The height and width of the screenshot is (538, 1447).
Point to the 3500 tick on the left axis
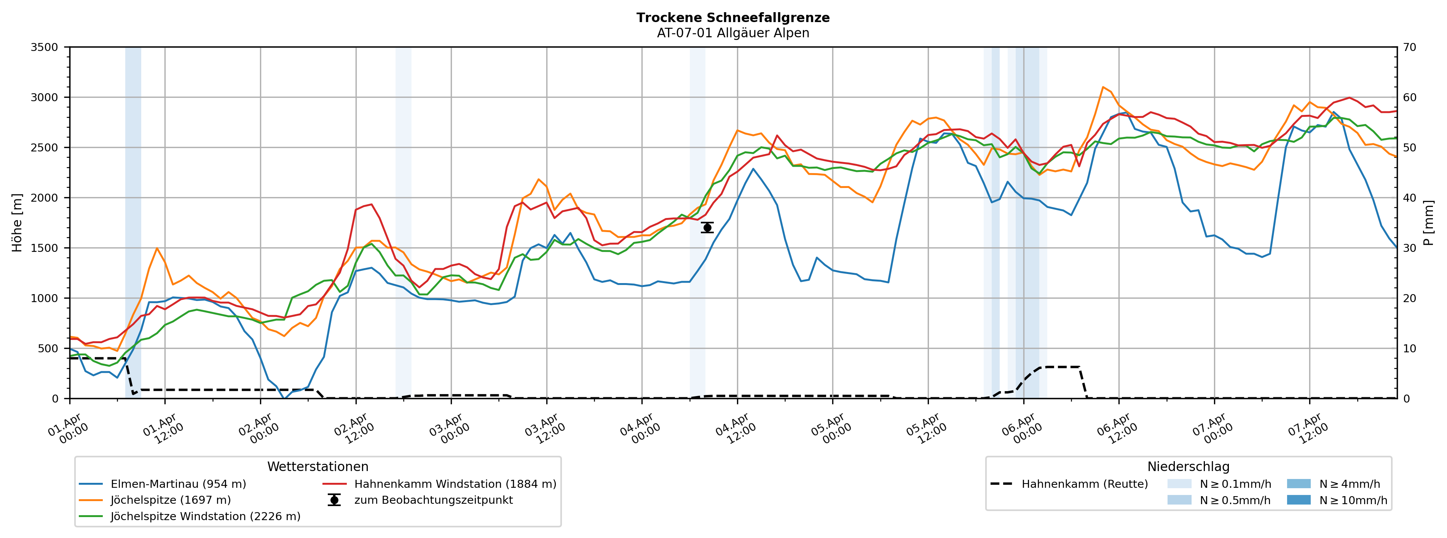45,47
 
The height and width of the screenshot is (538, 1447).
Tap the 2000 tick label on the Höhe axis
45,198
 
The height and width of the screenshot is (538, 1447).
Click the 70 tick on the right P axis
1409,47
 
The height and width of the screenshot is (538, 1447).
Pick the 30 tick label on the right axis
1409,248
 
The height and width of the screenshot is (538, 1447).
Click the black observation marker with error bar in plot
707,228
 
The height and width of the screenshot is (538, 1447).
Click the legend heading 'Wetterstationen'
318,467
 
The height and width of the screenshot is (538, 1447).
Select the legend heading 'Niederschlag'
1188,467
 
